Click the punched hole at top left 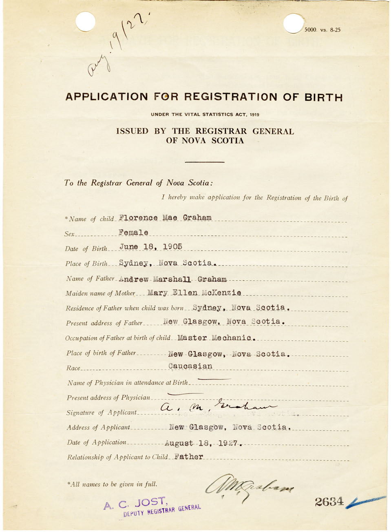point(86,22)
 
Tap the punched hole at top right point(293,24)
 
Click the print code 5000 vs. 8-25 point(322,30)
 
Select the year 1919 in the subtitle point(254,115)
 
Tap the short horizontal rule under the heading point(204,162)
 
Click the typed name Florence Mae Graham point(165,218)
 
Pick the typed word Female point(133,233)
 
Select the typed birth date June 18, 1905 point(150,247)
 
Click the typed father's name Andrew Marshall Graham point(173,279)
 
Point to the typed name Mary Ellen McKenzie point(194,293)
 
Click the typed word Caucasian point(190,366)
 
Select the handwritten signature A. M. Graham point(218,407)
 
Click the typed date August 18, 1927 point(203,443)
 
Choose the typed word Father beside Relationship point(188,457)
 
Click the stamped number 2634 point(329,501)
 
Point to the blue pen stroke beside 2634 point(366,501)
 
